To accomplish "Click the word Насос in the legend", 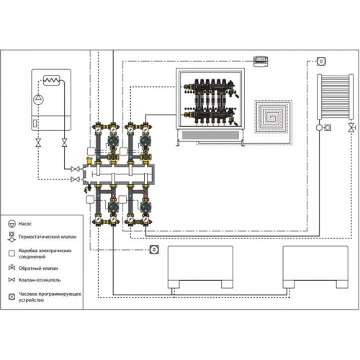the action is click(x=25, y=224).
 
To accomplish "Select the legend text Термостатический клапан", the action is click(x=48, y=237).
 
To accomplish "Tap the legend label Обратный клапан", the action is click(x=38, y=269).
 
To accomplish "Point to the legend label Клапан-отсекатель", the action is click(x=40, y=280).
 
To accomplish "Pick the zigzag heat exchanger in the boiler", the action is click(x=51, y=80).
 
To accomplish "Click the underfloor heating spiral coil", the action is click(x=273, y=117).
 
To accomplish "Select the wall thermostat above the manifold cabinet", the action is click(x=261, y=61).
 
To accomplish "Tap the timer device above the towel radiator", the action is click(x=321, y=61).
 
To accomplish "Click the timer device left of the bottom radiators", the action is click(x=154, y=250).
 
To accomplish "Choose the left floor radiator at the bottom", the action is click(x=200, y=267).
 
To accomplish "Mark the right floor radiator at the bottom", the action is click(x=315, y=267).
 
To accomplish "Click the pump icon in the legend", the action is click(x=12, y=224).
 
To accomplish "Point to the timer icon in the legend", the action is click(x=12, y=297).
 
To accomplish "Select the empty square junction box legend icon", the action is click(x=12, y=253).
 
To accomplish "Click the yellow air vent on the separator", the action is click(x=89, y=160).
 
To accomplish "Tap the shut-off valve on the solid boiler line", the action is click(x=75, y=169).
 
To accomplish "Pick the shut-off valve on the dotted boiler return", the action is click(x=75, y=179).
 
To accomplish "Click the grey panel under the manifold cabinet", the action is click(x=210, y=135).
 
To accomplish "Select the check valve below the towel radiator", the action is click(x=351, y=127).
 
